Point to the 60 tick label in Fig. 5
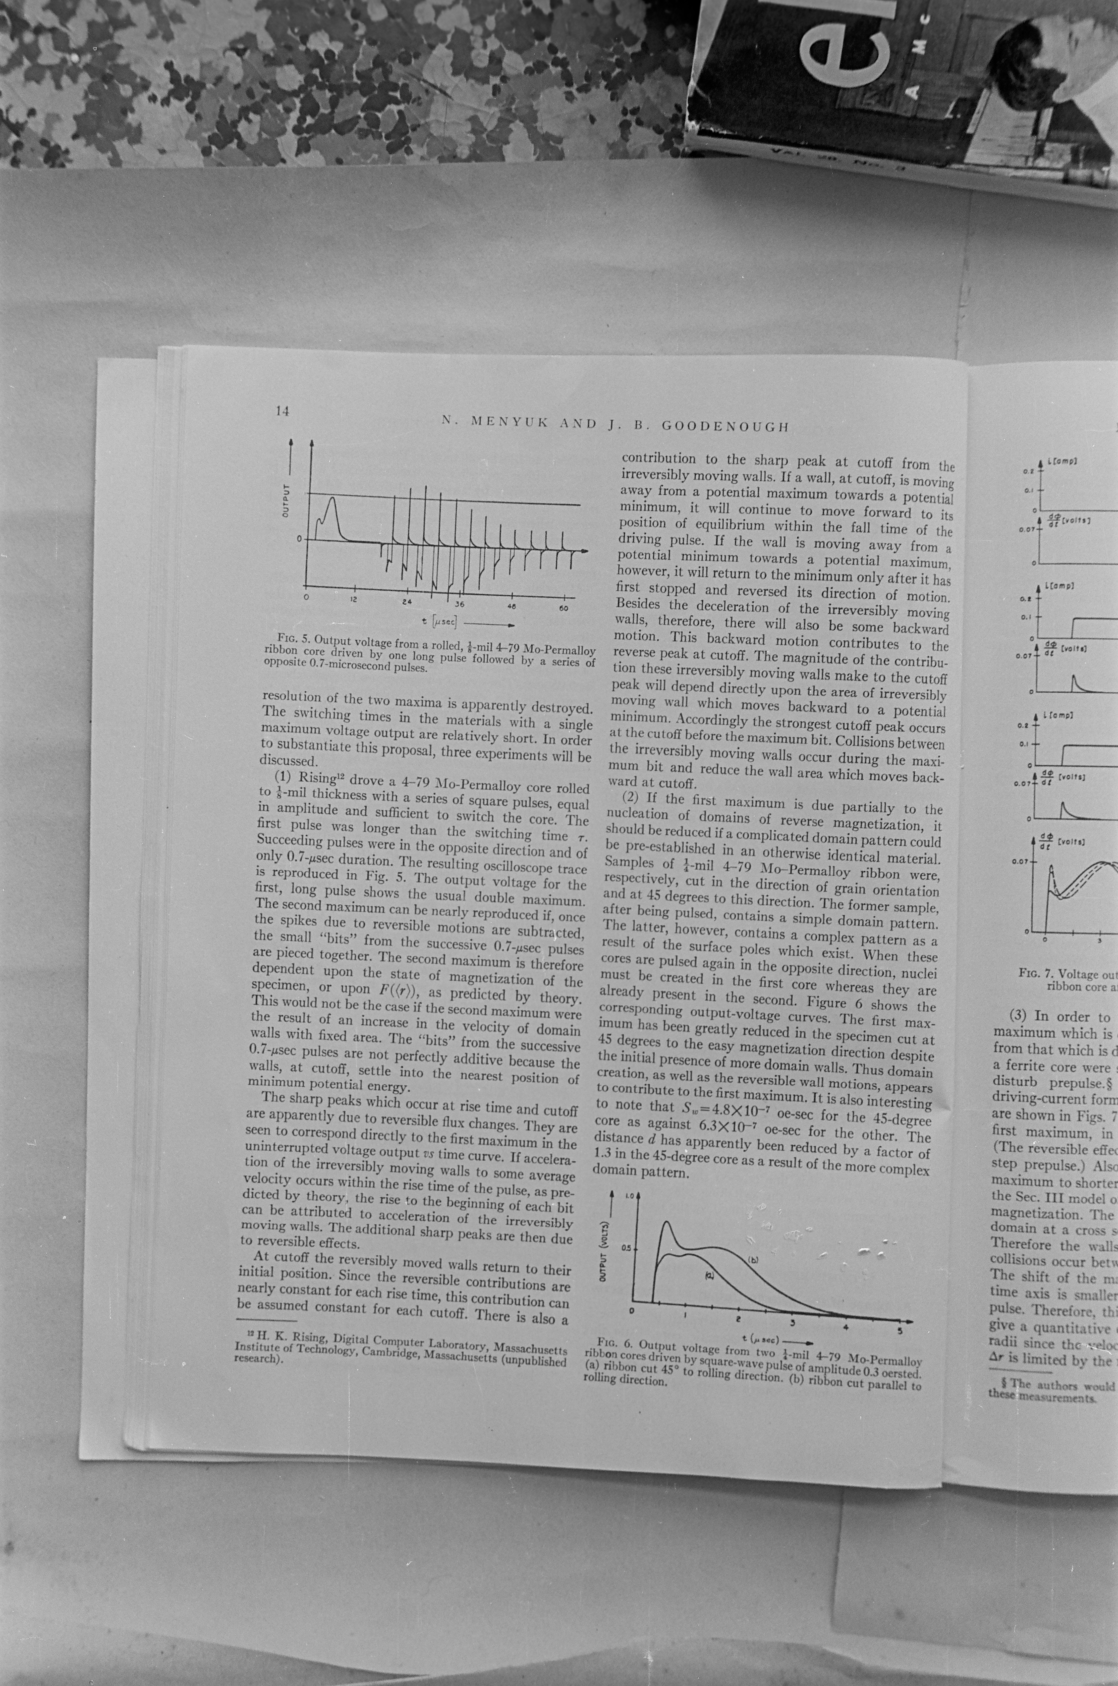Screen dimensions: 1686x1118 tap(563, 607)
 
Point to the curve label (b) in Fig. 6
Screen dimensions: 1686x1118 tap(752, 1260)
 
